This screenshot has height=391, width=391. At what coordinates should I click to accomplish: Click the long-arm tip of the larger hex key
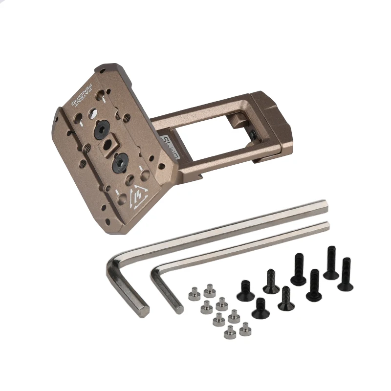pos(323,205)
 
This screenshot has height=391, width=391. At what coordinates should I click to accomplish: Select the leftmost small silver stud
pos(193,294)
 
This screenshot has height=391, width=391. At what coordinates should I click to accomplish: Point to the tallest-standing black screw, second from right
pos(331,264)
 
